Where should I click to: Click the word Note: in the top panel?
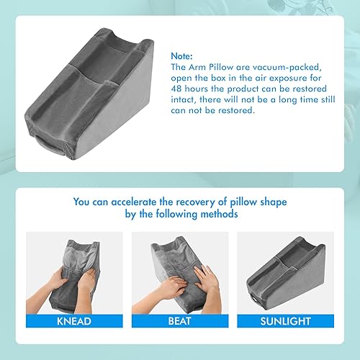[183, 54]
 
